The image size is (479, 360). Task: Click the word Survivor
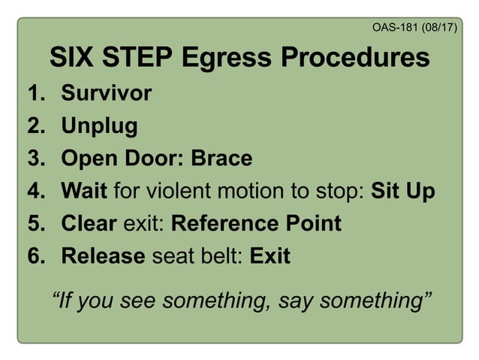pyautogui.click(x=106, y=93)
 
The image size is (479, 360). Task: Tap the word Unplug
pyautogui.click(x=99, y=126)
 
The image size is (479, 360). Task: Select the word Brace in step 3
pyautogui.click(x=221, y=159)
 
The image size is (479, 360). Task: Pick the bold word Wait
pyautogui.click(x=84, y=191)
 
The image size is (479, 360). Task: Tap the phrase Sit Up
pyautogui.click(x=403, y=191)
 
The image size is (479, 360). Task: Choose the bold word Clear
pyautogui.click(x=89, y=224)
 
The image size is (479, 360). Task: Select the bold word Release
pyautogui.click(x=103, y=256)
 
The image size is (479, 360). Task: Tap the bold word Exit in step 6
pyautogui.click(x=270, y=256)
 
